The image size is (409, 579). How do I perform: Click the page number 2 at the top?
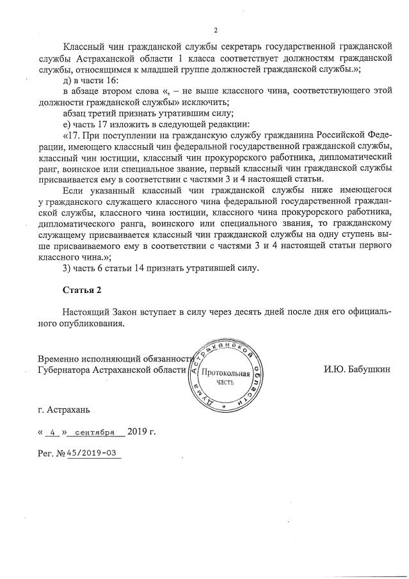coord(216,30)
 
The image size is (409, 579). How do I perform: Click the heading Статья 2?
coord(82,290)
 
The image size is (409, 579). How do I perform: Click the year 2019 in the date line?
coord(138,431)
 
